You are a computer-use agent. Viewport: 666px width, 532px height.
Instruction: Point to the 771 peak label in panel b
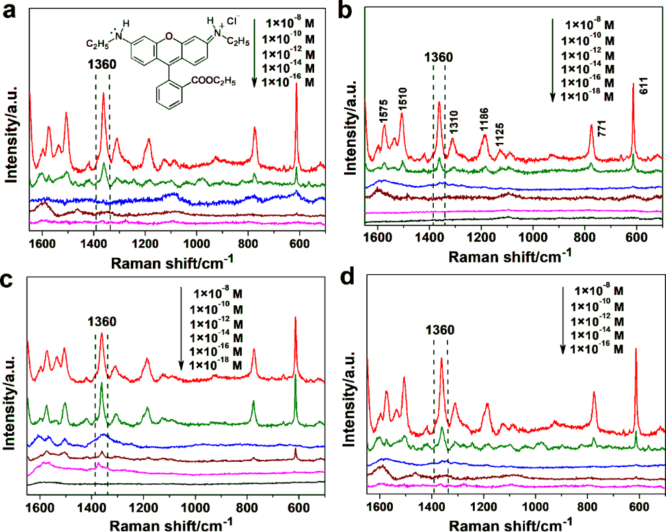pos(602,128)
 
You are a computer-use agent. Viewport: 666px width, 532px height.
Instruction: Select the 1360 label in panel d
pos(440,330)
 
